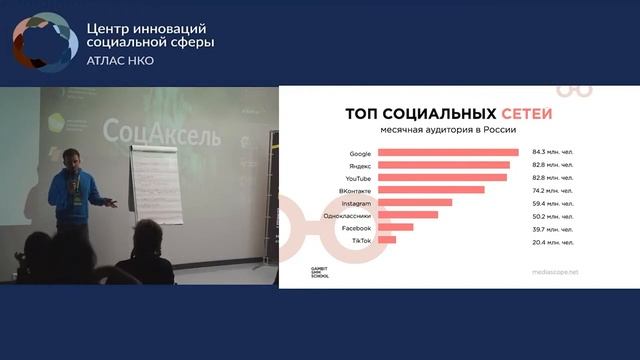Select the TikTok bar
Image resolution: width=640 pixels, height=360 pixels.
tap(388, 240)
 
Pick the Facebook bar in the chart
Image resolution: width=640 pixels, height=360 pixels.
tap(396, 227)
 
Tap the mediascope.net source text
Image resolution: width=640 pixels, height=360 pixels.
tap(558, 271)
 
